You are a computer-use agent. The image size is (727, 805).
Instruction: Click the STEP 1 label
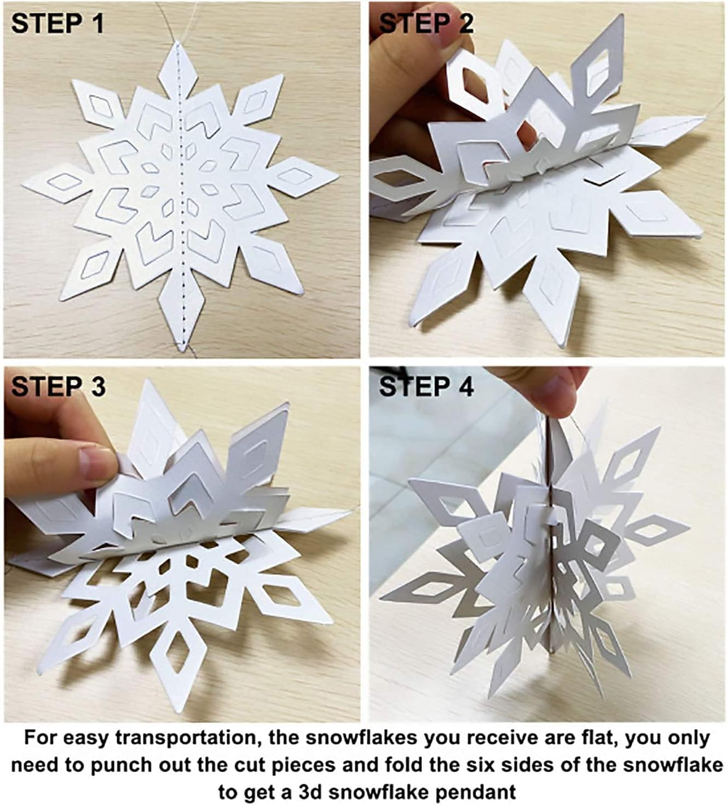[57, 24]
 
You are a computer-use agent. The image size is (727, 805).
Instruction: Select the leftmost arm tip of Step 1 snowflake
[25, 183]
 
